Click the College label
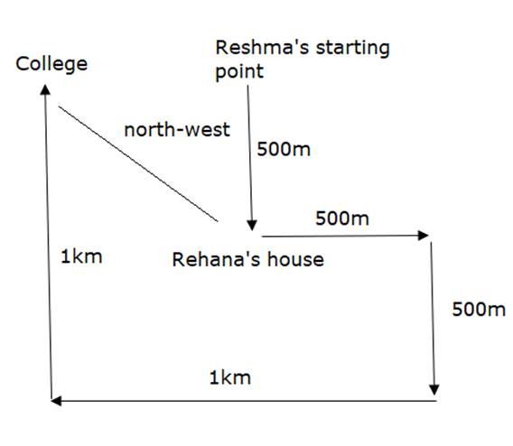point(51,64)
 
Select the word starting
point(352,50)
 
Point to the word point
point(239,72)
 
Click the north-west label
point(177,130)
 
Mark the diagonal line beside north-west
point(138,163)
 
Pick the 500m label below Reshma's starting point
point(284,149)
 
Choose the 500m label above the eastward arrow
point(342,218)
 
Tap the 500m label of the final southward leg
point(479,309)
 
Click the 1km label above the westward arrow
point(230,377)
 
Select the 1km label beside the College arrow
point(81,256)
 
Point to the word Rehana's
point(215,260)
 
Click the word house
point(295,260)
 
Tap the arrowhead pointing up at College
point(45,89)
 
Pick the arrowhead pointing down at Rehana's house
point(252,226)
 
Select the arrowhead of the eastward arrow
point(424,235)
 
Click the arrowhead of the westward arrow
point(56,401)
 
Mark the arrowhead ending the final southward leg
point(434,390)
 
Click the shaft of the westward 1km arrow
point(244,401)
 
